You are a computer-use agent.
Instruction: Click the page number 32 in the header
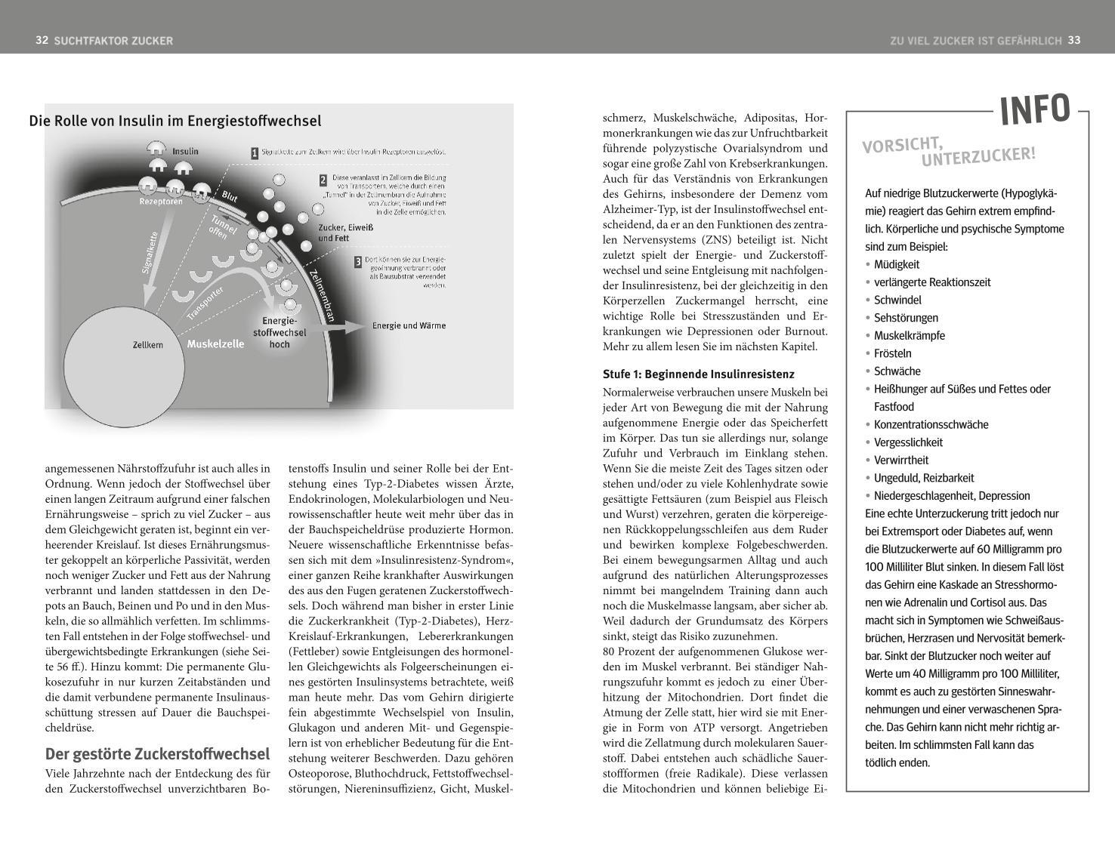(x=42, y=40)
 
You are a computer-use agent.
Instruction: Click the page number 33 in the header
(x=1074, y=40)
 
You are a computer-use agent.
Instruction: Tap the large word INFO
(x=1035, y=110)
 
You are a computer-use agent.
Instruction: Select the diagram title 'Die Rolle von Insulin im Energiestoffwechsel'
(x=175, y=121)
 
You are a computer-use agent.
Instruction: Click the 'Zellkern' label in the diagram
(x=147, y=345)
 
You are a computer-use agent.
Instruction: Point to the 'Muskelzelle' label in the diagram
(x=215, y=344)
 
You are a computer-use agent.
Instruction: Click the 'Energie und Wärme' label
(x=409, y=326)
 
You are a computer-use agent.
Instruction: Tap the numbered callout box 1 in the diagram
(x=255, y=153)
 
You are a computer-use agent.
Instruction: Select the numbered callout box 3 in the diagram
(x=357, y=262)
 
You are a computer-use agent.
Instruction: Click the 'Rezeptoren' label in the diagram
(x=160, y=202)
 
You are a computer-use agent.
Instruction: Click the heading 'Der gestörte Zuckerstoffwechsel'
(x=157, y=754)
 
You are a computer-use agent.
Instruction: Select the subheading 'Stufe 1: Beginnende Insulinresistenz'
(x=698, y=374)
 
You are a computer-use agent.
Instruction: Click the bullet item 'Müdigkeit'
(x=897, y=264)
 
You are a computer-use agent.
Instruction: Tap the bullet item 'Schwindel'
(x=897, y=300)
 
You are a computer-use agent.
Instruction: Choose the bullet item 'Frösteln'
(x=892, y=353)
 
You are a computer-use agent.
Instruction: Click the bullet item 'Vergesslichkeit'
(x=908, y=442)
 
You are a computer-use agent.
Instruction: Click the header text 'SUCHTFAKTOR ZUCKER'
(x=113, y=41)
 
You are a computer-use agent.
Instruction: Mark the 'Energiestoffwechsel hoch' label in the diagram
(x=280, y=332)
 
